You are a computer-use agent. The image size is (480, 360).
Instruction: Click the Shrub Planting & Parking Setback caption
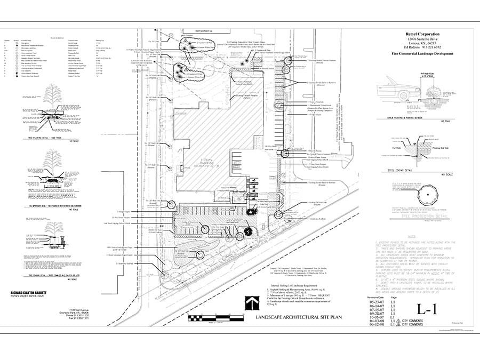click(405, 119)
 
